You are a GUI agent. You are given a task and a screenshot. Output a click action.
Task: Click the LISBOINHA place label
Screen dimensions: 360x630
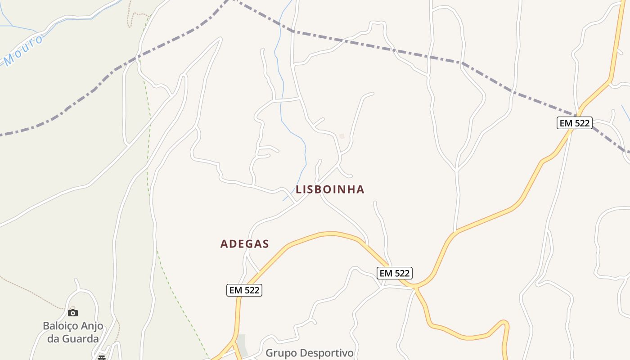coord(330,189)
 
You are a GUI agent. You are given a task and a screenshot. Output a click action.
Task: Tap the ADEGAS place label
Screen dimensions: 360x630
coord(244,244)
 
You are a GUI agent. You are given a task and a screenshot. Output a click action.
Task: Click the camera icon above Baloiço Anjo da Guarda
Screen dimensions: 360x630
coord(73,313)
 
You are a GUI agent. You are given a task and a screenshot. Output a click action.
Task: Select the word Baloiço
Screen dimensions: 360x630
coord(60,326)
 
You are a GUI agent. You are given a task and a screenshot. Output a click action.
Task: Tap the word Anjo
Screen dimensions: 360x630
coord(91,326)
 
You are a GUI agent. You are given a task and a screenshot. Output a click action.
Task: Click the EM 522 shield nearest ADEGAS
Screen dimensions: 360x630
coord(244,290)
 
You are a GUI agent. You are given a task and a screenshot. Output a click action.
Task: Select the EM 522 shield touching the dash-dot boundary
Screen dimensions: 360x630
coord(574,123)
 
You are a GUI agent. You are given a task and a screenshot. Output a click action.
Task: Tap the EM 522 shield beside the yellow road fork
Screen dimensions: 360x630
coord(394,273)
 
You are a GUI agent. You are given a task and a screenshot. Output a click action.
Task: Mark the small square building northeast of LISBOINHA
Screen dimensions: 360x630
coord(342,136)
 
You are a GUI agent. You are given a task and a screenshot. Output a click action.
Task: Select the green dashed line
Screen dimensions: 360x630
coord(148,135)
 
